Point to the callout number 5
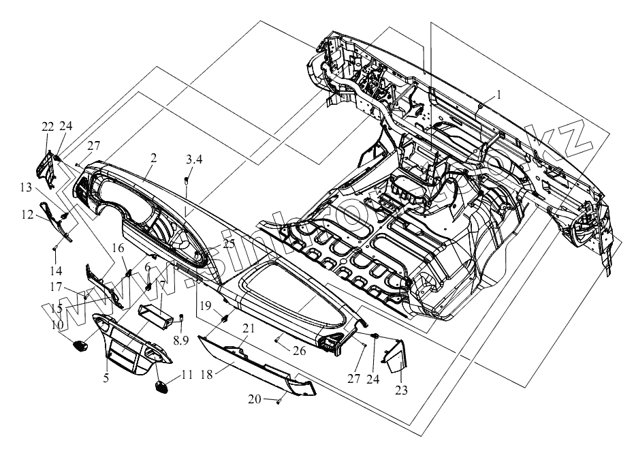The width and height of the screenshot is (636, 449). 106,377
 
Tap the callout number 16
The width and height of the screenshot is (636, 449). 118,247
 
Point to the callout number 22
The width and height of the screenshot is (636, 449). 47,127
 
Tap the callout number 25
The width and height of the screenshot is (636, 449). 227,243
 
